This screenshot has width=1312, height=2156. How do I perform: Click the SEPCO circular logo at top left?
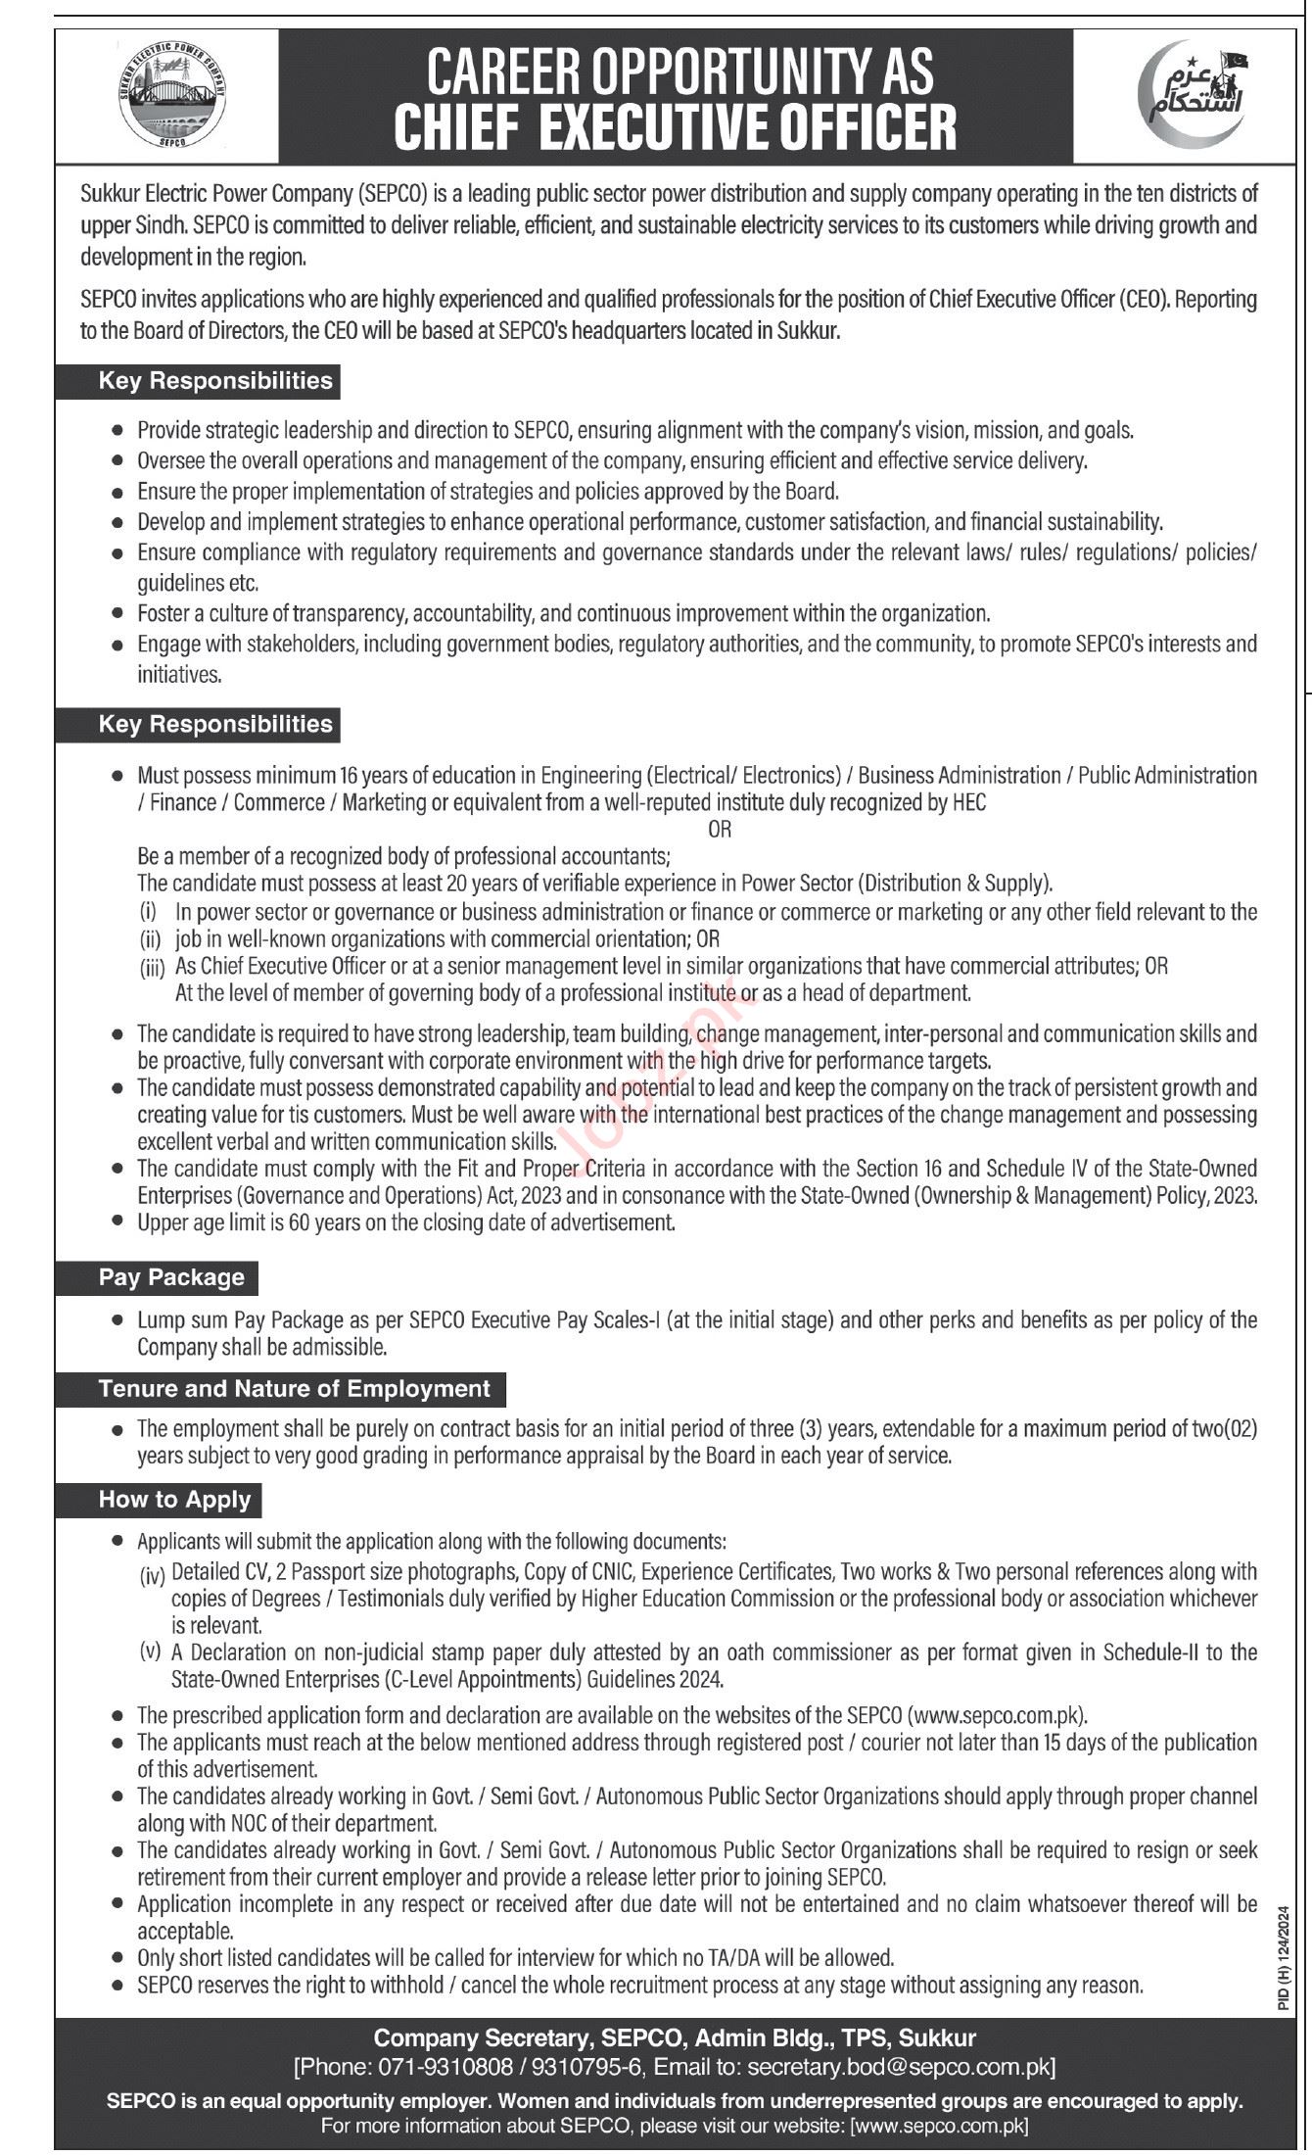point(172,96)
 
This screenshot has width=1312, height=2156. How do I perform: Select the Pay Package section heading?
point(171,1276)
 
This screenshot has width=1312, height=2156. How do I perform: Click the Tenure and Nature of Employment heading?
point(294,1388)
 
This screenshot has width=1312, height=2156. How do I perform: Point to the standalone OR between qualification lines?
point(720,829)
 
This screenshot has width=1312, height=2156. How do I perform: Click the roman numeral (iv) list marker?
point(153,1570)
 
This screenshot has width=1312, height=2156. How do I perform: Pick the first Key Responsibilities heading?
point(215,380)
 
